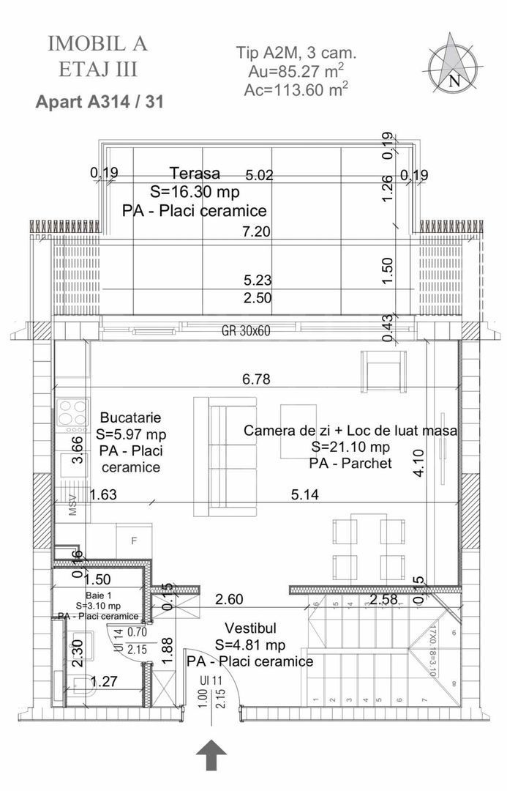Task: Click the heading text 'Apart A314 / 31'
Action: tap(99, 102)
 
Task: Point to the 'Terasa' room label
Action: tap(195, 174)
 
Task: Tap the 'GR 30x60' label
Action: tap(246, 330)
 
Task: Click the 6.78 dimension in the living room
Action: tap(257, 379)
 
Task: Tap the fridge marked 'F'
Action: tap(133, 542)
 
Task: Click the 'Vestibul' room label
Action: tap(250, 628)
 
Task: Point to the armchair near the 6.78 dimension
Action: tap(383, 371)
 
